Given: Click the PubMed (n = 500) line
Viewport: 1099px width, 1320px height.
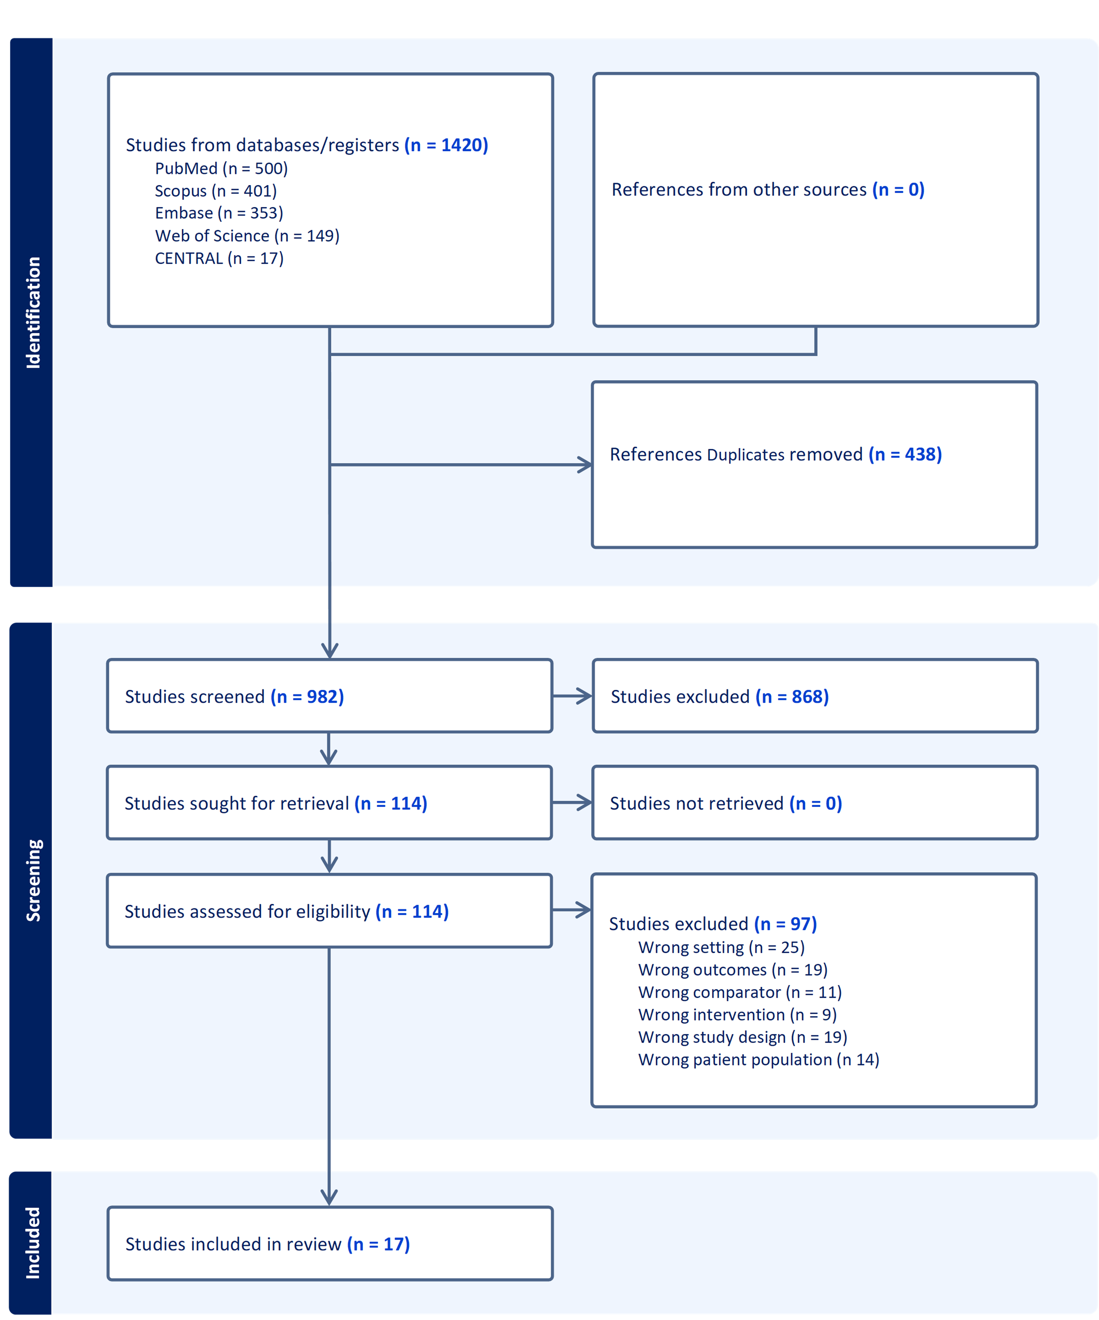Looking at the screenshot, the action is coord(221,168).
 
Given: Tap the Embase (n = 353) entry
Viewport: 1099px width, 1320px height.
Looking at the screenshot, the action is coord(219,213).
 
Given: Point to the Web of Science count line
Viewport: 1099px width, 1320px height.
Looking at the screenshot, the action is coord(247,236).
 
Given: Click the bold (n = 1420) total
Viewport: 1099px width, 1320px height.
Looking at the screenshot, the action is coord(446,145).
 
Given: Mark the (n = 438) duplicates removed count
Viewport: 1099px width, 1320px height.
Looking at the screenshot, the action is coord(905,455).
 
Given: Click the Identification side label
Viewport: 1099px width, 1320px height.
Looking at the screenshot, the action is coord(33,313).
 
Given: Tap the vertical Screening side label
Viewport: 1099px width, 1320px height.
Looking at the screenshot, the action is coord(33,880).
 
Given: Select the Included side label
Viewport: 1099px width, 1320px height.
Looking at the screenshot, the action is coord(33,1243).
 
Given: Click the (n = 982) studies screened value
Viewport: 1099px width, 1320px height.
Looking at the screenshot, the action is coord(307,697).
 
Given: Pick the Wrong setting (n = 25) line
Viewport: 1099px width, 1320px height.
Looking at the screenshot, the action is coord(721,947).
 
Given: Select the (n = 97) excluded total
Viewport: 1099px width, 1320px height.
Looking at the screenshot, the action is coord(786,924).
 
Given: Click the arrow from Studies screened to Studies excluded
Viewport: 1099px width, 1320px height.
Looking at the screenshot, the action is coord(572,696).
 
